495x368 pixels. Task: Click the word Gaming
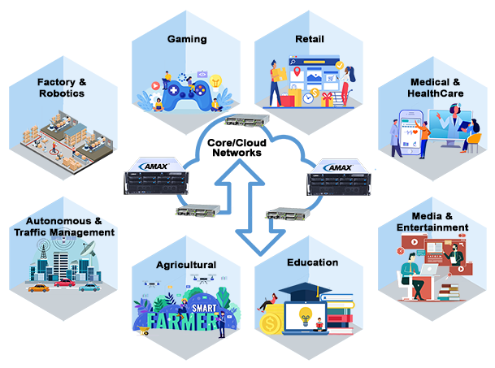(x=186, y=39)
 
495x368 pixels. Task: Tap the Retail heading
(x=305, y=39)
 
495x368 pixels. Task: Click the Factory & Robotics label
(x=61, y=88)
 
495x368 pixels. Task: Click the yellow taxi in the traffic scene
(x=37, y=287)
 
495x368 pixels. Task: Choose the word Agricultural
(x=186, y=265)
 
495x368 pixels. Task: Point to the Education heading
(x=312, y=262)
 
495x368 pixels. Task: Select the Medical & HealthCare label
(x=435, y=88)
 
